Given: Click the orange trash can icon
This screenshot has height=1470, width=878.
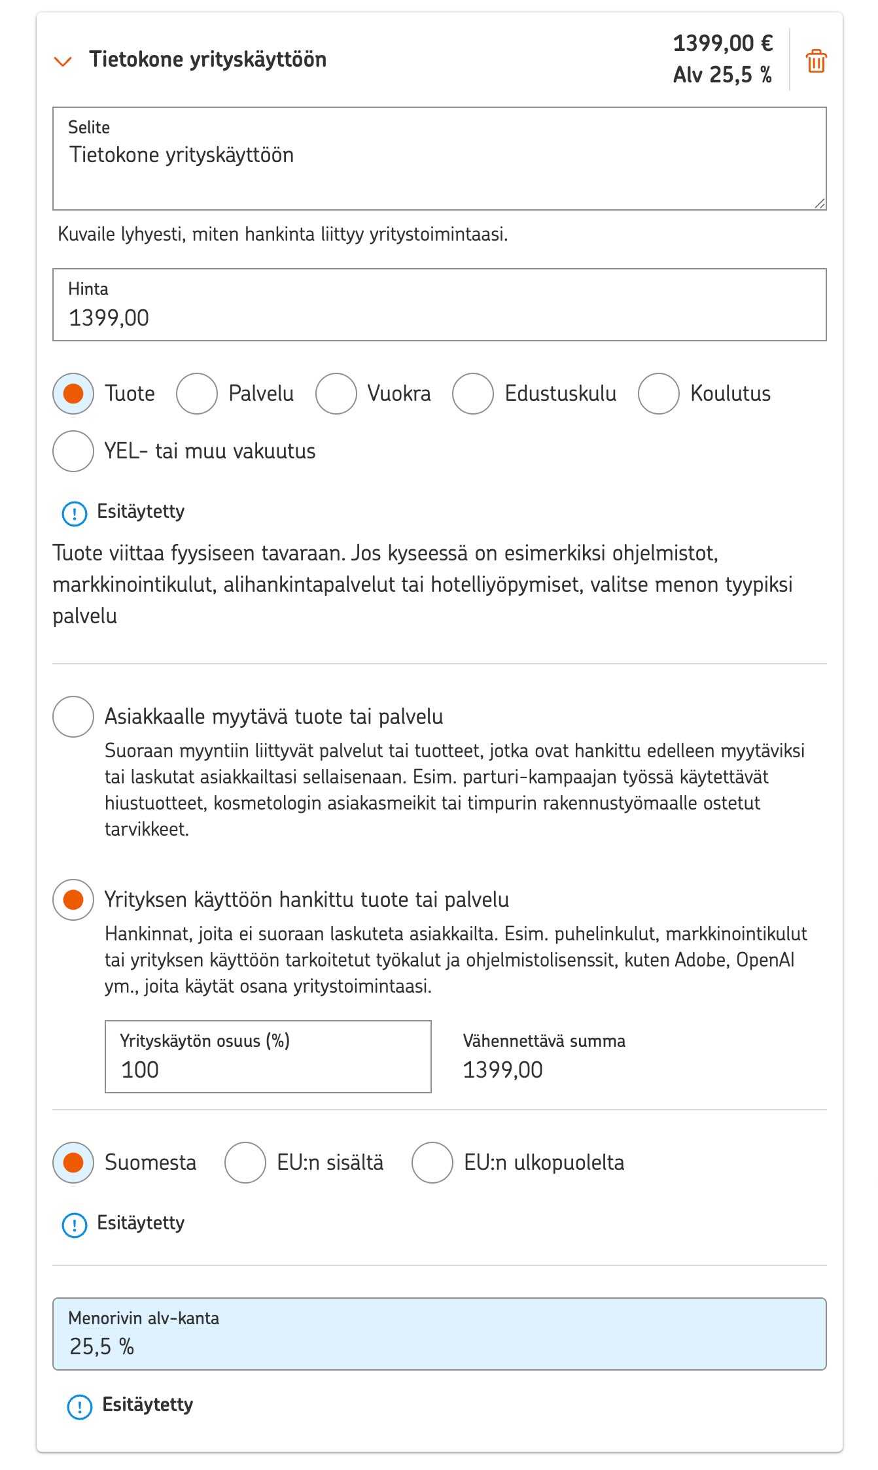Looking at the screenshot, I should [x=816, y=61].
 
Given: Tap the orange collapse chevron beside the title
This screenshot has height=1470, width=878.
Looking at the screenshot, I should [x=63, y=61].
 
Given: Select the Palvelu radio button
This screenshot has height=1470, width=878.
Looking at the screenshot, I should [x=197, y=394].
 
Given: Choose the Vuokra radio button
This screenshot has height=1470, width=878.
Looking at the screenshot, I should [x=336, y=394].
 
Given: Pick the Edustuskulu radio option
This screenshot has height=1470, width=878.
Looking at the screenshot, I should [x=473, y=394].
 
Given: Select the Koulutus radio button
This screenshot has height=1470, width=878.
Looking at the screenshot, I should [x=659, y=394].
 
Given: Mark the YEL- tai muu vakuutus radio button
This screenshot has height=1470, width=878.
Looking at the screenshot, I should [x=73, y=451].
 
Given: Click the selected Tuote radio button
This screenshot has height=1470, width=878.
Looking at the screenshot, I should [x=73, y=394].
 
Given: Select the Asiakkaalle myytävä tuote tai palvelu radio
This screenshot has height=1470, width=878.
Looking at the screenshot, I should [x=73, y=717].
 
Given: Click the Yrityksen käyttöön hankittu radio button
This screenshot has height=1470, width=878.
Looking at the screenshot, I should [x=73, y=900].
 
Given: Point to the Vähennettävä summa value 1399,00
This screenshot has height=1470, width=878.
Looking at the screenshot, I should [x=502, y=1070].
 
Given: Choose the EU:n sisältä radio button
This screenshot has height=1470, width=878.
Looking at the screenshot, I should [x=245, y=1163].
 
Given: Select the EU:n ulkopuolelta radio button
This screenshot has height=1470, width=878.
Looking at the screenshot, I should [x=432, y=1163].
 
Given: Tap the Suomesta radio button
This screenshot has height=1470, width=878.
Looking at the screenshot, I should [x=73, y=1163].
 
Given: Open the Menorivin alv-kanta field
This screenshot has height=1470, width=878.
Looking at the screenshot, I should [x=439, y=1334].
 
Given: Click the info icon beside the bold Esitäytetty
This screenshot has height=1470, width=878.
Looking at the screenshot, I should [x=80, y=1407].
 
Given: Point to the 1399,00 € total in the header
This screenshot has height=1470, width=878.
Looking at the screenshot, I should [x=723, y=44].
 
